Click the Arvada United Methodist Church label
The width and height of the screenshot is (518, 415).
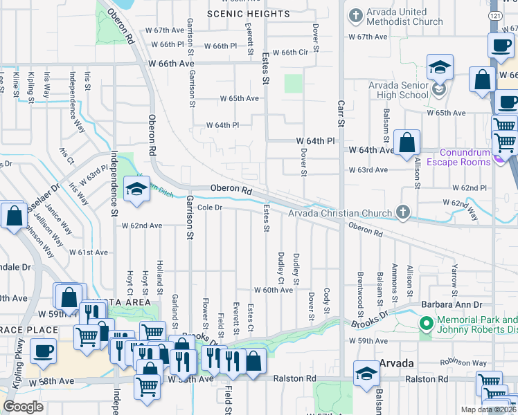[x=405, y=16]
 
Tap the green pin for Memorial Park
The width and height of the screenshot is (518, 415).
[x=426, y=323]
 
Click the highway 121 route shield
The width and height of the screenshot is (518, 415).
[x=492, y=15]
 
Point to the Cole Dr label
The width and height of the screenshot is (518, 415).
[x=208, y=207]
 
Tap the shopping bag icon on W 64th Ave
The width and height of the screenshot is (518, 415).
[x=408, y=142]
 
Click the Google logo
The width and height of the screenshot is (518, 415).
[x=23, y=407]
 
